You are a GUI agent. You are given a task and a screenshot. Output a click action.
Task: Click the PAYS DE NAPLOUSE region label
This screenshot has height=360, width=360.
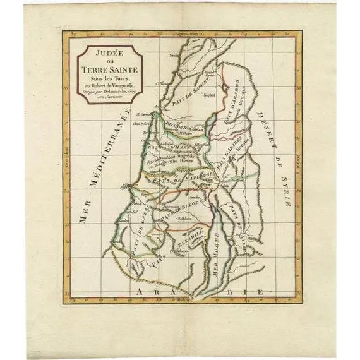[186, 177]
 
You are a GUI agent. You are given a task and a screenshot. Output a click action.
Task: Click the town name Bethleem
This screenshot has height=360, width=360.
[184, 219]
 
